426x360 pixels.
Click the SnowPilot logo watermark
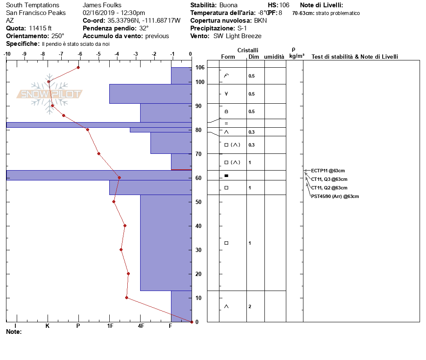pos(49,94)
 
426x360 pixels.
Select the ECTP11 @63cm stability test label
pos(328,171)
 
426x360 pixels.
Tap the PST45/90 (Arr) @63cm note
pos(335,196)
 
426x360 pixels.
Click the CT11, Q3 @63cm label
pos(329,179)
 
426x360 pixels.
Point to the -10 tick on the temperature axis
pos(7,54)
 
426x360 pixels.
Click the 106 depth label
pos(200,68)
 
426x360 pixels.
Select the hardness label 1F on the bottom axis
pos(110,326)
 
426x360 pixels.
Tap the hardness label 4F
pos(141,326)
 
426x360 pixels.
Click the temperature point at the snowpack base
pos(192,322)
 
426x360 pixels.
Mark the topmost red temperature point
pos(78,67)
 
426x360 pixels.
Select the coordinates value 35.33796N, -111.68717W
pos(144,21)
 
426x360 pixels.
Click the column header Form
pos(228,57)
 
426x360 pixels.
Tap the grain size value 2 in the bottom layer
pos(250,306)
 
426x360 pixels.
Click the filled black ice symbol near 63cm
pos(226,176)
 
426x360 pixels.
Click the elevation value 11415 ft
pos(40,28)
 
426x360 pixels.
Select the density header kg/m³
pos(297,56)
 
